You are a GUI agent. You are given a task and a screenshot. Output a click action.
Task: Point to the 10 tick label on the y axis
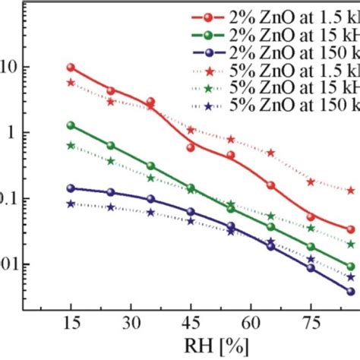click(9, 68)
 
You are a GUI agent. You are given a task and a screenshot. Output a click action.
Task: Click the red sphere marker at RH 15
click(71, 68)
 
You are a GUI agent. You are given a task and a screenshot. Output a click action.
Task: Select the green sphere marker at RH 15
click(71, 125)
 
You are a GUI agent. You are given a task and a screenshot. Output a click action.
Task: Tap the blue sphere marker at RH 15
click(71, 188)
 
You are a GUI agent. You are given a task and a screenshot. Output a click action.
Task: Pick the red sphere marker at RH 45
click(191, 147)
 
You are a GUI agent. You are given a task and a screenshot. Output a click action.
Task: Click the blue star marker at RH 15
click(71, 204)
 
